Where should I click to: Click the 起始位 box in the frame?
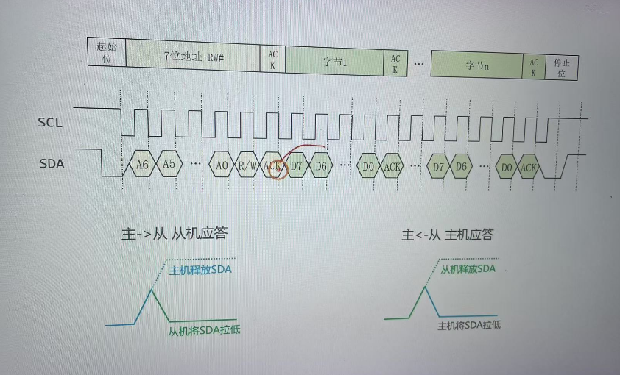click(107, 53)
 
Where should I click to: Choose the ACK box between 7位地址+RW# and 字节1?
click(272, 59)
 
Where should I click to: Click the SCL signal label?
click(50, 122)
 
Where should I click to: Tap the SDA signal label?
click(52, 163)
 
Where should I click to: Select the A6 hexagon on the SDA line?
click(142, 165)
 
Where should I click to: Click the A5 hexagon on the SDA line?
click(169, 165)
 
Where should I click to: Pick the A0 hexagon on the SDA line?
click(222, 165)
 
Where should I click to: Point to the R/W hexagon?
click(248, 166)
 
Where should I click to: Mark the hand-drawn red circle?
click(278, 169)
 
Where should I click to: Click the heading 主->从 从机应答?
click(174, 234)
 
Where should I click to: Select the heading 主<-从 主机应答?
click(447, 235)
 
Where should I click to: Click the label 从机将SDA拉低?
click(204, 330)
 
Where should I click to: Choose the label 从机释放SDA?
click(468, 268)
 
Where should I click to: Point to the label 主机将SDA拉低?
click(469, 325)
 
